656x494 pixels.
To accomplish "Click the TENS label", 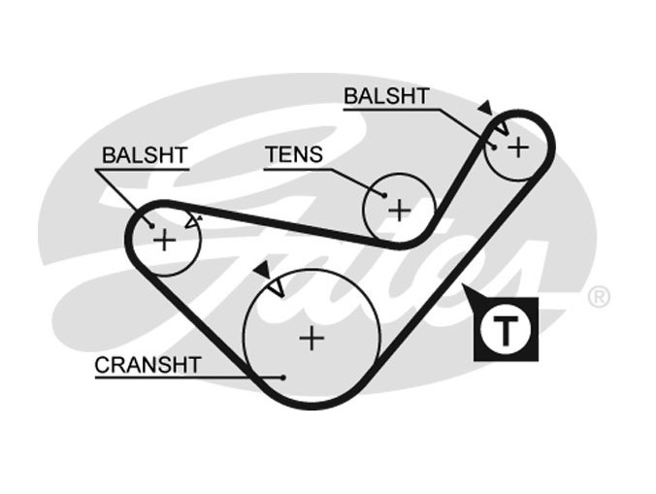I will pos(294,155).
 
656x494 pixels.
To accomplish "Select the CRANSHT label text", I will pos(148,365).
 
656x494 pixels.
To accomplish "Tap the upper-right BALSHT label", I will pos(385,96).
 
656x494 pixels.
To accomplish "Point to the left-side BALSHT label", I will pos(145,155).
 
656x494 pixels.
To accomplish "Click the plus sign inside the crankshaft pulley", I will pos(311,338).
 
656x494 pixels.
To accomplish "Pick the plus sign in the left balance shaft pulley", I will pos(165,239).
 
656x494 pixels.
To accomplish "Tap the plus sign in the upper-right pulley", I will pos(519,147).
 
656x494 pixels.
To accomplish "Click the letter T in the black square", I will pos(506,330).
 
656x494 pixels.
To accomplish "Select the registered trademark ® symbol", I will pos(599,297).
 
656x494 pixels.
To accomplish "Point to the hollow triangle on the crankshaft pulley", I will pos(276,287).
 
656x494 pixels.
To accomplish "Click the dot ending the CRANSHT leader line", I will pos(281,377).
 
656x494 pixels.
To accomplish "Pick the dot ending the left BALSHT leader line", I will pos(151,226).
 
